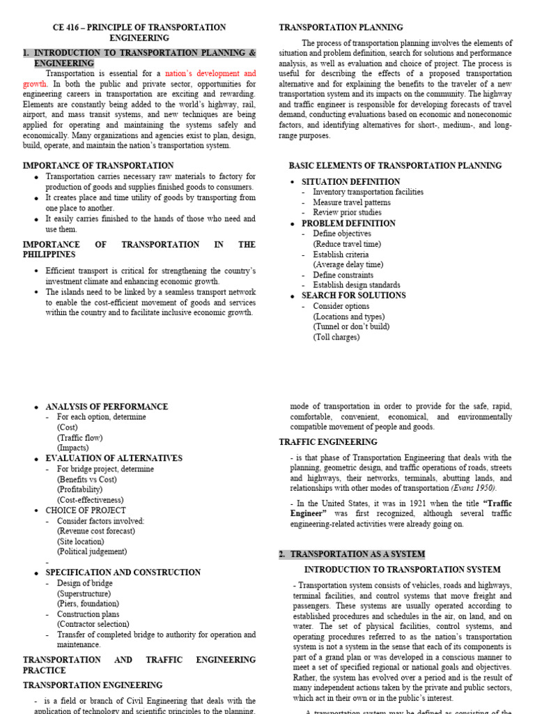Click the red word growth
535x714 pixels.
[34, 84]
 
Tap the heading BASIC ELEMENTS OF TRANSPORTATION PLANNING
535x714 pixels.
[395, 166]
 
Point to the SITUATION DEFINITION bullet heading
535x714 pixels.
[350, 182]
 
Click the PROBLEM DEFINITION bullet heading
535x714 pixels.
[348, 223]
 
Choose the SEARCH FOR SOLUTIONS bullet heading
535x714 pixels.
[353, 296]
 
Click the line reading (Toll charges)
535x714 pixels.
[336, 337]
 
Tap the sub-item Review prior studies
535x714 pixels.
[347, 213]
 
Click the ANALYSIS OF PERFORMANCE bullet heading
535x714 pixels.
[107, 407]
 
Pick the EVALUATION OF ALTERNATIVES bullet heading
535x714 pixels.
[114, 458]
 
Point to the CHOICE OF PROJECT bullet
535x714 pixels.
[86, 510]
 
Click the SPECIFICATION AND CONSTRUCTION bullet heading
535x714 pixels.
[123, 572]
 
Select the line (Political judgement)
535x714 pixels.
[92, 552]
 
